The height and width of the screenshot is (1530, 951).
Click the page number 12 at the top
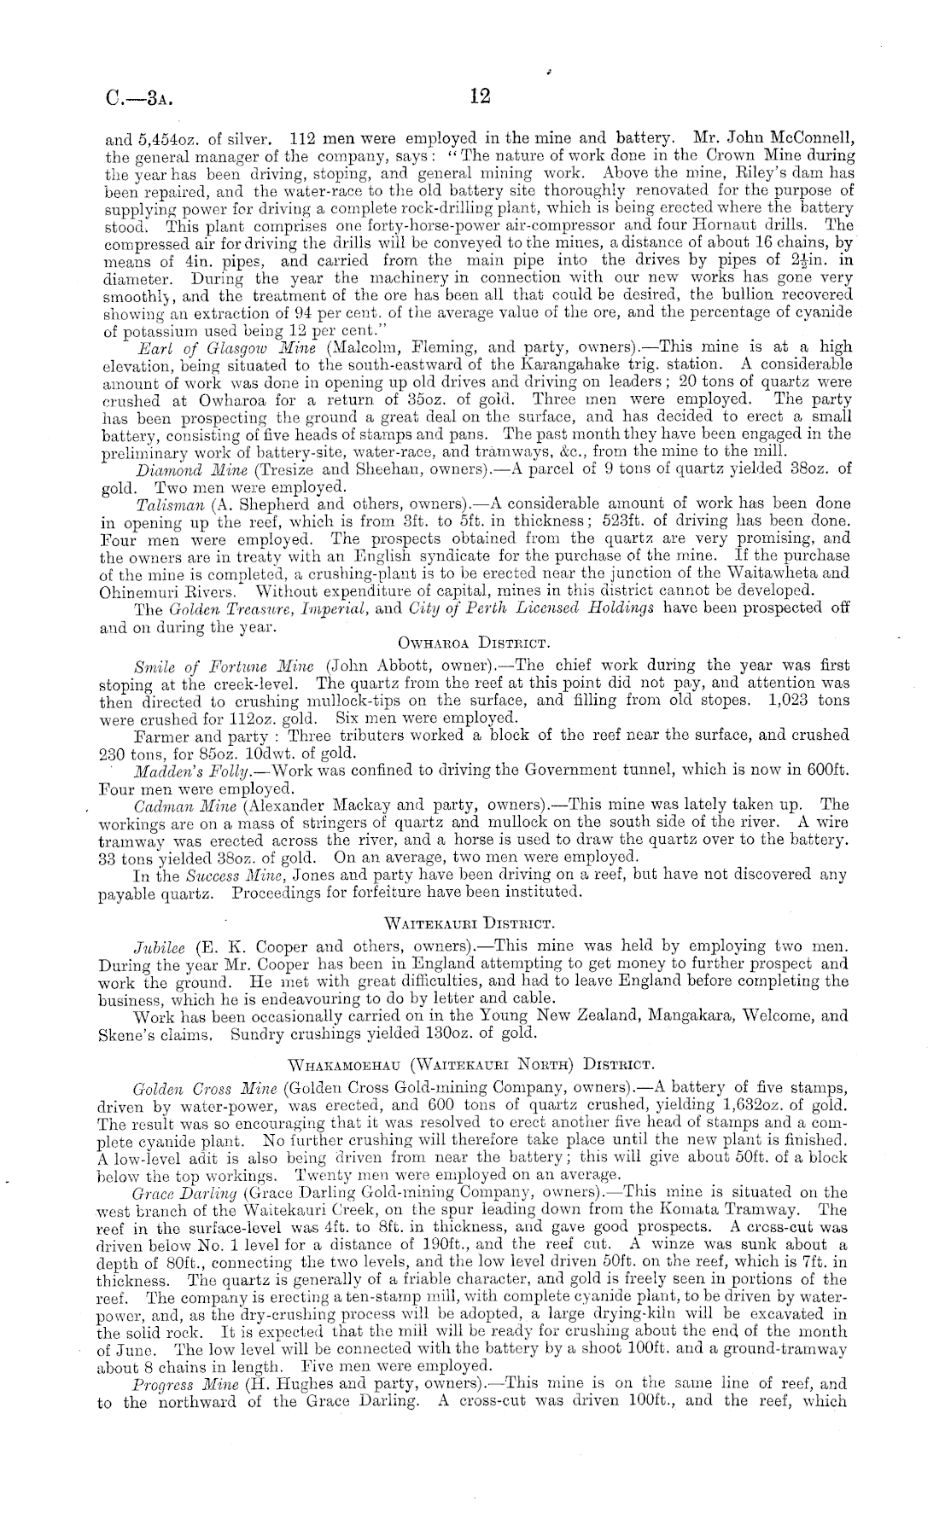click(480, 96)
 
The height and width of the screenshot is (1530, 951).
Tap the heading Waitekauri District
click(471, 922)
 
